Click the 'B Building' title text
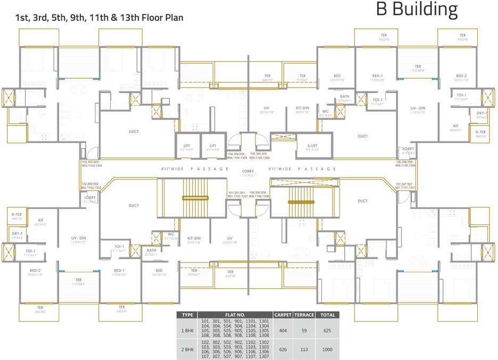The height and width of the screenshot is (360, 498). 417,10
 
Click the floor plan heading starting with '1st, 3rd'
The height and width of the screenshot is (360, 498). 99,18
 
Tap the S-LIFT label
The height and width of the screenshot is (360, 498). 312,146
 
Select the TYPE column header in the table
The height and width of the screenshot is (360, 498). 187,315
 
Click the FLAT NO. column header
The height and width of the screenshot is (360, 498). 235,315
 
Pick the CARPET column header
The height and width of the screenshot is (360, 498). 283,315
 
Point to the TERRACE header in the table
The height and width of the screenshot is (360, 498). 304,315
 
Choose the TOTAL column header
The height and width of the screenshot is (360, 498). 328,315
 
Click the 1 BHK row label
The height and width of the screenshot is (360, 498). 187,330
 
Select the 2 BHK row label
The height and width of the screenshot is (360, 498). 187,349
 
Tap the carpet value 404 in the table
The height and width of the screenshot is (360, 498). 283,330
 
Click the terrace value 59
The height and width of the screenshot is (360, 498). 304,330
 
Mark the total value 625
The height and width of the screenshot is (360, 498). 328,330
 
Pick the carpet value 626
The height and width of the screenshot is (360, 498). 283,349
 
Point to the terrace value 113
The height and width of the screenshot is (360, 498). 304,349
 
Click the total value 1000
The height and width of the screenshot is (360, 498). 328,349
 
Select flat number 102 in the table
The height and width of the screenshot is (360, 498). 205,342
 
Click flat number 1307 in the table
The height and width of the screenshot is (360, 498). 264,356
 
